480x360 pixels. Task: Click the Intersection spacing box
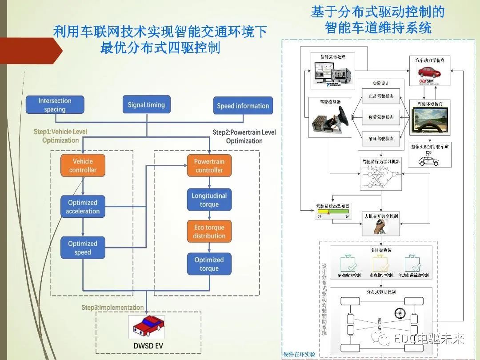click(x=55, y=105)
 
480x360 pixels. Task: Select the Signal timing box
click(x=146, y=105)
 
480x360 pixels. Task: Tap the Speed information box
click(x=243, y=106)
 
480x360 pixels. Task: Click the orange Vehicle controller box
click(x=83, y=165)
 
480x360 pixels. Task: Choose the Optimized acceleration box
click(x=83, y=207)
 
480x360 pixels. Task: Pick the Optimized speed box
click(x=83, y=248)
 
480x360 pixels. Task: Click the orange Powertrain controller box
click(x=209, y=166)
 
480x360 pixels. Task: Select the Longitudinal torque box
click(x=209, y=200)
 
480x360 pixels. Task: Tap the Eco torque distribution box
click(x=209, y=232)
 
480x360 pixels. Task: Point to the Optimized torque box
click(x=209, y=264)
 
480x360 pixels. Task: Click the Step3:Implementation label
click(x=112, y=308)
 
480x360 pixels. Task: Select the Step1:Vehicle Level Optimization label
click(x=60, y=136)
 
